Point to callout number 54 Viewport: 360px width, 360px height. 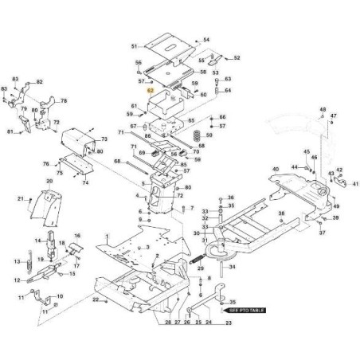[206, 40]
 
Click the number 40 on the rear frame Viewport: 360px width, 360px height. [276, 170]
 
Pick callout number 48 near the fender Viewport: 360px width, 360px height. [323, 109]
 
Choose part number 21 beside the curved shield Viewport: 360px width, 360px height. [21, 198]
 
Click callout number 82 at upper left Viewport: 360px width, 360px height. [39, 82]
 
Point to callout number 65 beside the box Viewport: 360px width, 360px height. [191, 120]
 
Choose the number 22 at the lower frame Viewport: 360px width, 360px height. [95, 299]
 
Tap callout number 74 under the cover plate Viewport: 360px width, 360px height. [77, 236]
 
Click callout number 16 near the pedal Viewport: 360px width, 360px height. [77, 236]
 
